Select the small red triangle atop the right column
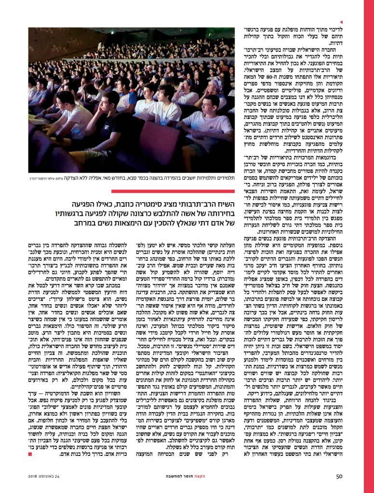(341, 22)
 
